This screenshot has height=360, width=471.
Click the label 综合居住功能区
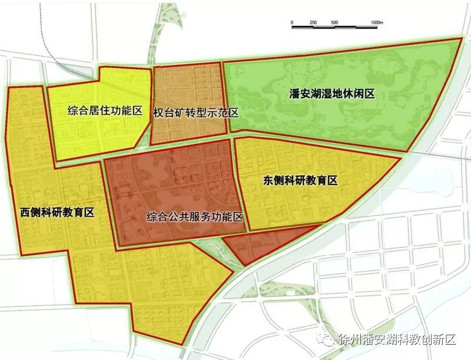(105, 110)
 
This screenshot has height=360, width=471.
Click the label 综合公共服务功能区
(195, 217)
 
